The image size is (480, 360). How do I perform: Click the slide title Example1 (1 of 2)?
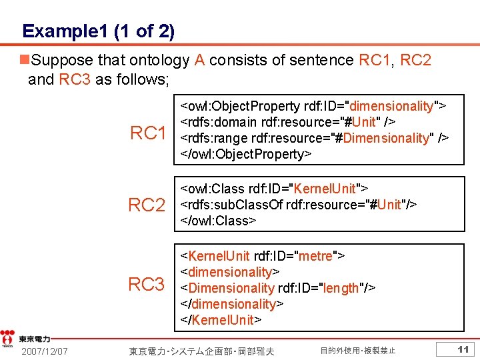(x=98, y=31)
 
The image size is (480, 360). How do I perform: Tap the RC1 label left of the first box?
(x=148, y=133)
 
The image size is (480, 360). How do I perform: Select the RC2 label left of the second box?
(x=147, y=205)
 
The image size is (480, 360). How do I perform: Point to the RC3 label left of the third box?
(x=147, y=285)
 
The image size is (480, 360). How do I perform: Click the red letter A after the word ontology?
(x=199, y=60)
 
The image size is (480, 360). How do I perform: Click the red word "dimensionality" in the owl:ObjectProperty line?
(x=391, y=106)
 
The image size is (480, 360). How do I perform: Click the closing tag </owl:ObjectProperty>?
(x=246, y=154)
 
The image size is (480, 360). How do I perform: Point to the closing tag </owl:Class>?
(x=219, y=221)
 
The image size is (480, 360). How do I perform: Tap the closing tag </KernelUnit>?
(x=221, y=320)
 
